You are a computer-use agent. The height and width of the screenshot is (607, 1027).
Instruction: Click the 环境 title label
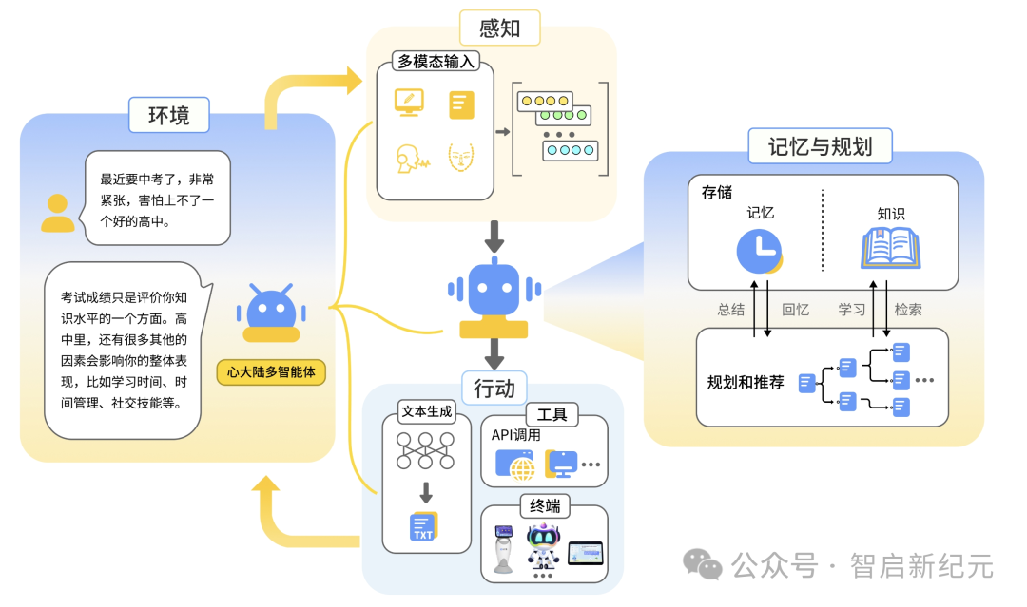(169, 115)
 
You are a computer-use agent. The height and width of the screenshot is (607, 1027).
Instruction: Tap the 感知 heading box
(500, 28)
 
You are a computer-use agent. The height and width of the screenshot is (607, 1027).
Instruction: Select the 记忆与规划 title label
(820, 146)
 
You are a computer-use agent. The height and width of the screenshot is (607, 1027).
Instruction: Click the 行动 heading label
(494, 389)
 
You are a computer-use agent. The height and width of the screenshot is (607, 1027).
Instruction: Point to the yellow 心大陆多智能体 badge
(271, 372)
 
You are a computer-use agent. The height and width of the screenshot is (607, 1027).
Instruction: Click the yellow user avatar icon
(58, 213)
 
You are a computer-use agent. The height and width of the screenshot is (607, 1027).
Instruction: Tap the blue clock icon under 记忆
(759, 251)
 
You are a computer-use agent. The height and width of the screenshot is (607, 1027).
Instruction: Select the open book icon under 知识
(890, 249)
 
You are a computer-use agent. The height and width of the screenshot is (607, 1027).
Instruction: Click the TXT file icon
(423, 526)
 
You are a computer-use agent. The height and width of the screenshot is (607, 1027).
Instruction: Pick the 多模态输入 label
(436, 62)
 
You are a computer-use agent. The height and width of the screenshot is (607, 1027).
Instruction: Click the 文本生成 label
(426, 411)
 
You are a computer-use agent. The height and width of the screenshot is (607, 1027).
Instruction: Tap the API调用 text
(516, 435)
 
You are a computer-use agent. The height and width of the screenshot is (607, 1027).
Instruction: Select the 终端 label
(545, 505)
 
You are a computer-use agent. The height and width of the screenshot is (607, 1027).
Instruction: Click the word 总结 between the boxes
(731, 310)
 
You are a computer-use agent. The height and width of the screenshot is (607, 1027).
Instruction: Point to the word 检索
(908, 310)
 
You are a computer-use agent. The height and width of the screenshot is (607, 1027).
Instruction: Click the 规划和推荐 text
(746, 382)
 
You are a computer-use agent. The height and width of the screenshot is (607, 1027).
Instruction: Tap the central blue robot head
(494, 289)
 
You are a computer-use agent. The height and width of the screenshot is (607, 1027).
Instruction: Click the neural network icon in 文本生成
(426, 450)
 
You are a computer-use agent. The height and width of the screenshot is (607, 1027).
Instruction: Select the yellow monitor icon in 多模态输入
(409, 103)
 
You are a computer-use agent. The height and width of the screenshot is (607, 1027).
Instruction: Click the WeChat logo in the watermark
(702, 564)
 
